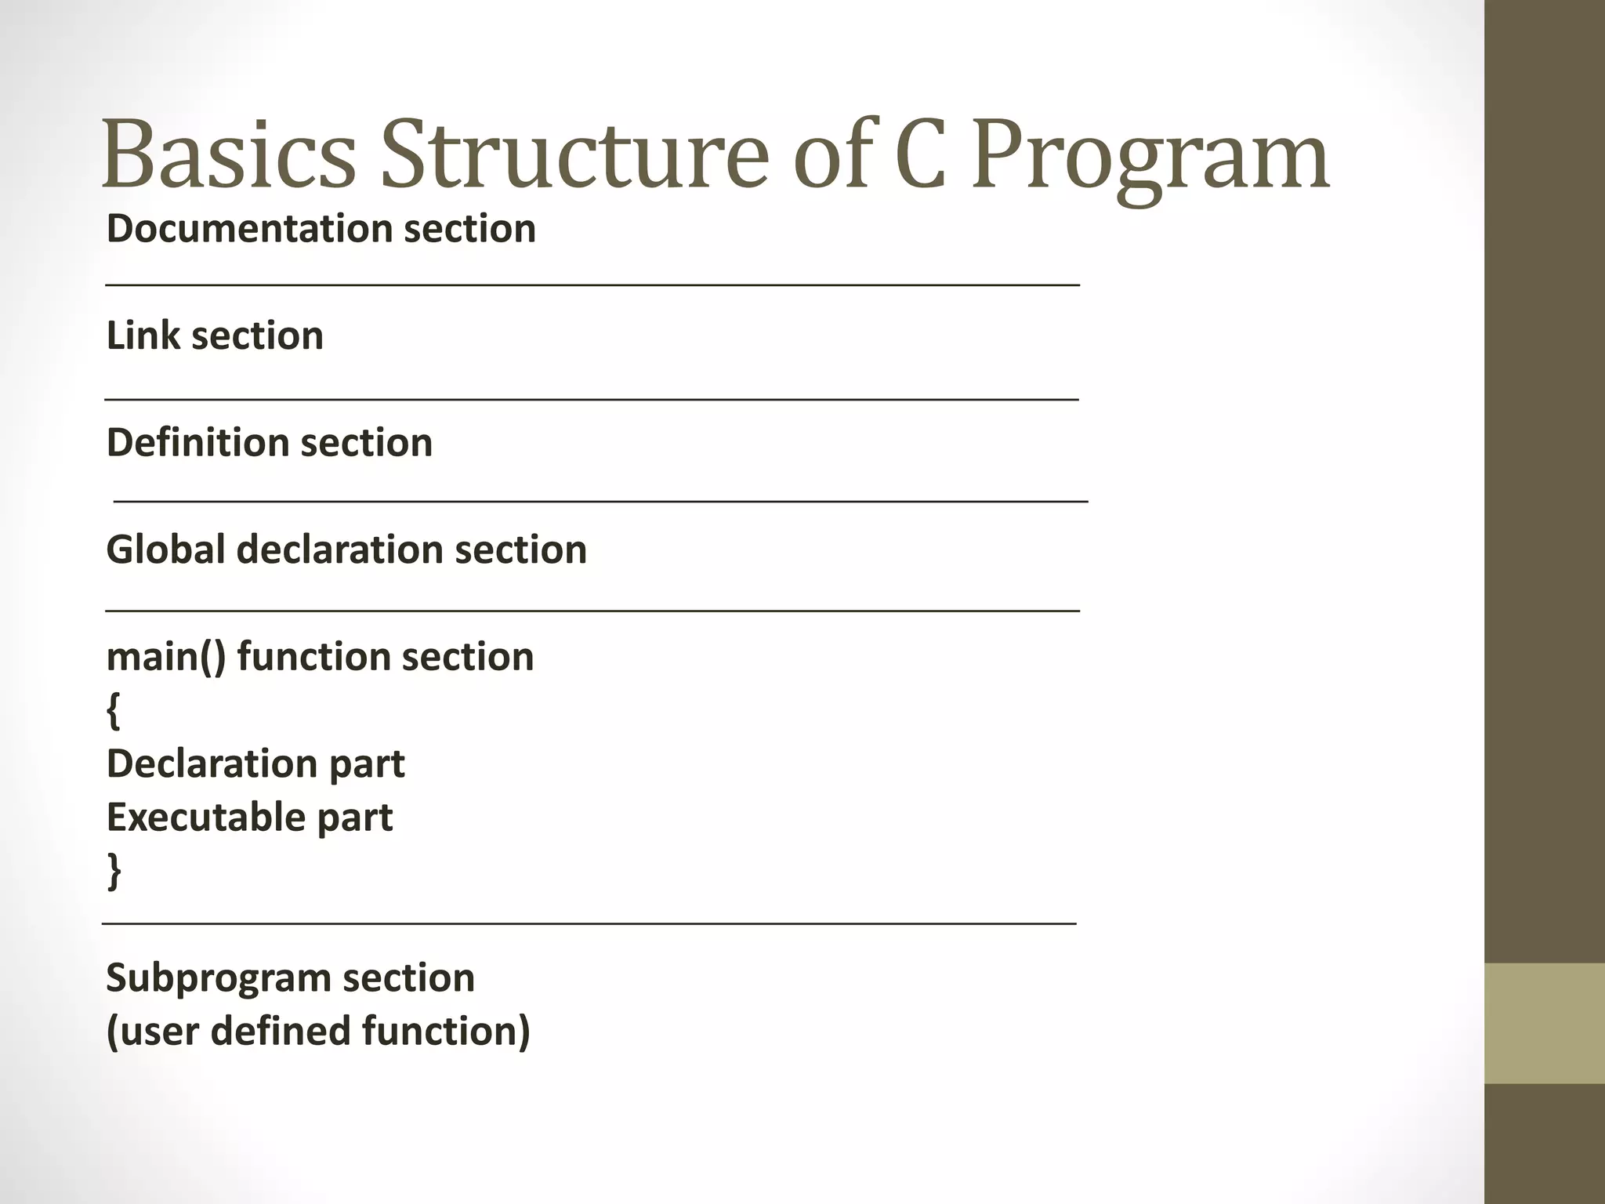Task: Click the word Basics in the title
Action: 229,154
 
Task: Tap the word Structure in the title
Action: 574,154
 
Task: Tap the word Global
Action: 165,549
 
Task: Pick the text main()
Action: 165,657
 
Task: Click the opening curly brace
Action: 114,712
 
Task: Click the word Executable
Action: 205,818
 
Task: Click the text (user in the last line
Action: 152,1032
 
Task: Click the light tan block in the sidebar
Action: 1545,1023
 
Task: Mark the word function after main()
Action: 321,657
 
